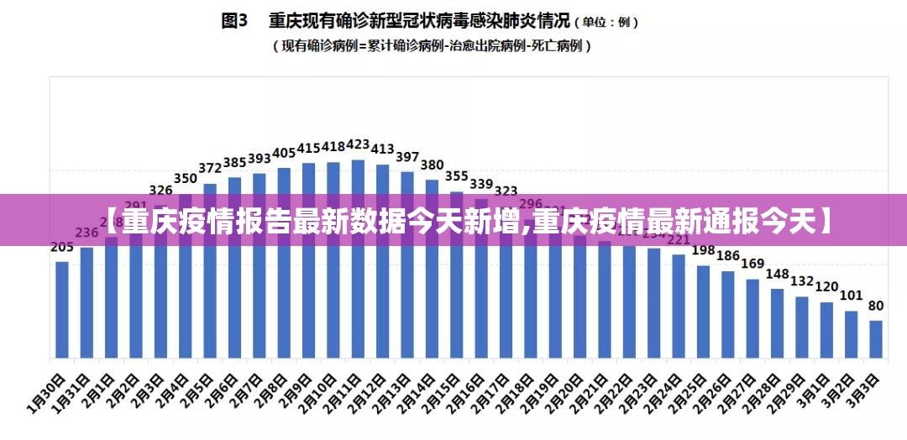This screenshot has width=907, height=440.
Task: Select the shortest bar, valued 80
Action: click(876, 338)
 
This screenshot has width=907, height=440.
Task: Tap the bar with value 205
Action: click(62, 308)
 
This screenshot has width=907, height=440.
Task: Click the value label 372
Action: click(210, 168)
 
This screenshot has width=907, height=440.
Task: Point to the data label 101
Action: click(852, 296)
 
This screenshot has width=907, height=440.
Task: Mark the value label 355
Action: click(457, 176)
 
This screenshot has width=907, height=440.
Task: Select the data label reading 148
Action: click(778, 274)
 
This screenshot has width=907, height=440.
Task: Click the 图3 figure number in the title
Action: click(235, 20)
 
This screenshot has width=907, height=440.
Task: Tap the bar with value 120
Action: click(826, 329)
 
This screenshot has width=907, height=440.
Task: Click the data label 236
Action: click(87, 233)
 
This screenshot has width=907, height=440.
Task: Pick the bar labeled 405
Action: click(284, 261)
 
